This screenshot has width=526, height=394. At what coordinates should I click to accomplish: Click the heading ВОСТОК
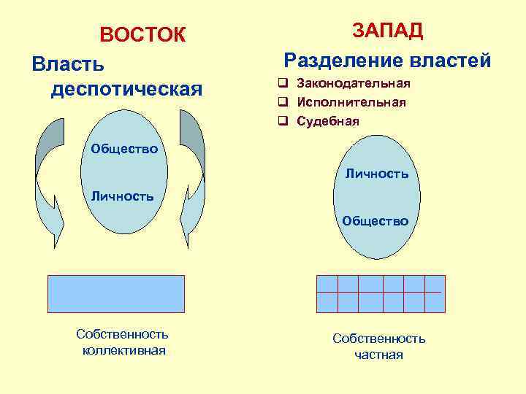point(143,35)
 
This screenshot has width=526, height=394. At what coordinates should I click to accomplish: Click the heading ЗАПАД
point(387,31)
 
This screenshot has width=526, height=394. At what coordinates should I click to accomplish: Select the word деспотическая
point(126,89)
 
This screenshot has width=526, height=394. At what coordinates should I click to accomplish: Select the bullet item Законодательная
point(354,84)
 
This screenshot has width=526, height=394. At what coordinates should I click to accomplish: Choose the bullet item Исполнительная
point(351,102)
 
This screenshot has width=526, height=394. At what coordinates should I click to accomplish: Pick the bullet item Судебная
point(328,121)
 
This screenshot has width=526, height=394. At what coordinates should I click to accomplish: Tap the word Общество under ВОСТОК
point(124,150)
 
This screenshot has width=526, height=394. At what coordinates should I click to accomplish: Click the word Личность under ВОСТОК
point(122,196)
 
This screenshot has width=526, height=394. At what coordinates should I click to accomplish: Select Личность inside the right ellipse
point(377,174)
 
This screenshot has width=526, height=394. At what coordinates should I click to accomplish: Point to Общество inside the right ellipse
point(376,220)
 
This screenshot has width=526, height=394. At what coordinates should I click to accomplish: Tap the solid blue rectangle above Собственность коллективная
point(115,293)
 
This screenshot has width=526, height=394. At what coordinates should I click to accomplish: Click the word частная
point(378,355)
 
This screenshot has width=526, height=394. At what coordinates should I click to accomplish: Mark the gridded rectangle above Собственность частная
point(380,293)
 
